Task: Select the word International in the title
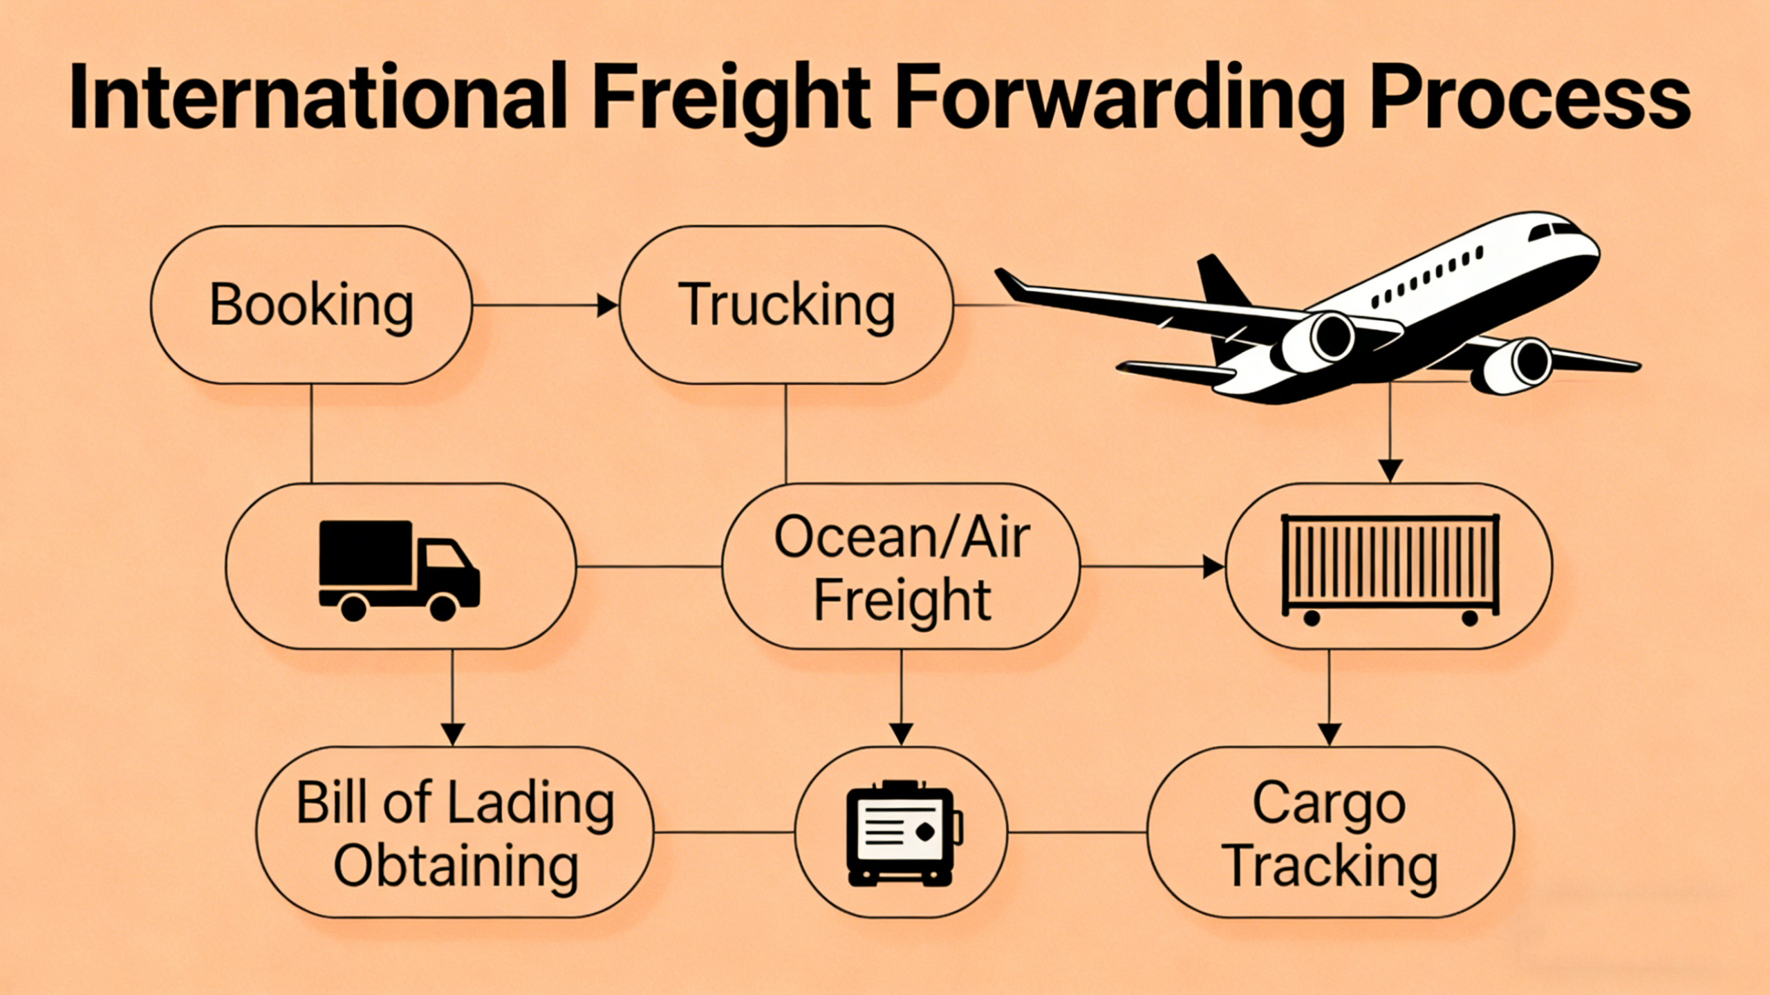[x=318, y=97]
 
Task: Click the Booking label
[x=311, y=305]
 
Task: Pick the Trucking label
[x=786, y=305]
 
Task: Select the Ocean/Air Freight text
[x=902, y=567]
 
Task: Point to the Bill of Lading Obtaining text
[x=455, y=833]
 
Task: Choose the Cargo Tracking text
[x=1330, y=833]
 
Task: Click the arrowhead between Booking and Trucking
[x=607, y=305]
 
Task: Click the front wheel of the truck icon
[x=442, y=607]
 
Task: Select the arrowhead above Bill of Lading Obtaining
[x=453, y=733]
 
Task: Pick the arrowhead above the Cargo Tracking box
[x=1330, y=733]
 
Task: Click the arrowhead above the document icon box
[x=901, y=733]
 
